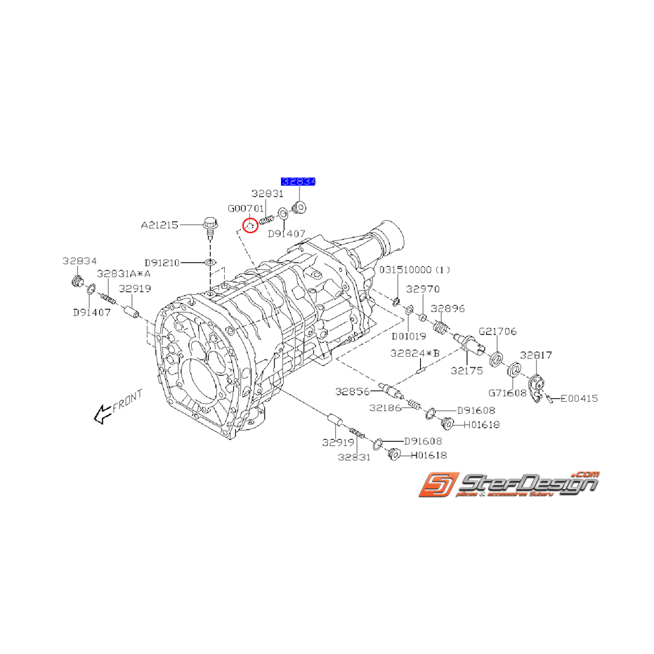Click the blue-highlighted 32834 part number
[x=299, y=181]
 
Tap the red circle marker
[x=249, y=225]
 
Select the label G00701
[x=245, y=209]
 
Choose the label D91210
[x=162, y=263]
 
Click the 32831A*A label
[x=124, y=274]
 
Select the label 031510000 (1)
[x=415, y=270]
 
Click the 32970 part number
[x=422, y=288]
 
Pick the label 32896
[x=447, y=308]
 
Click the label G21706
[x=498, y=331]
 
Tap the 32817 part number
[x=536, y=355]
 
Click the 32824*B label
[x=415, y=353]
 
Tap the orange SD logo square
[x=436, y=486]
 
